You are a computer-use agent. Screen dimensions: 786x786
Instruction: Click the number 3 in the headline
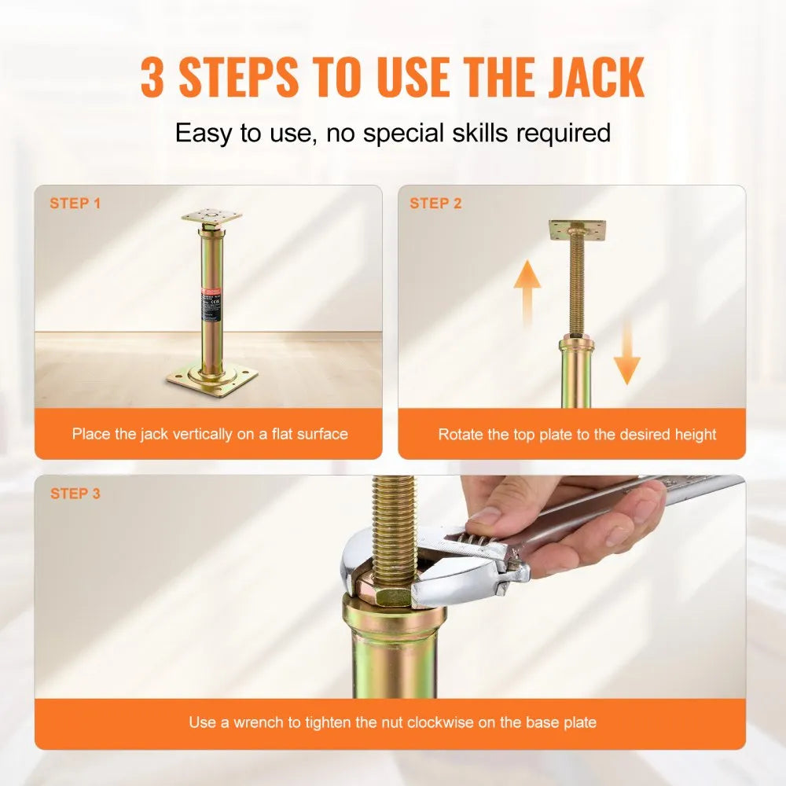(x=155, y=77)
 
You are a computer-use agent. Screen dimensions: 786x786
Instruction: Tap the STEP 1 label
(x=75, y=204)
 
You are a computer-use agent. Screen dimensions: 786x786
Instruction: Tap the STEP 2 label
(x=435, y=204)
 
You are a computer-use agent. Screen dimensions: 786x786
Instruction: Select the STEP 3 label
(x=75, y=494)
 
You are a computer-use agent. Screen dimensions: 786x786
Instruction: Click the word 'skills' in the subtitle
(x=472, y=132)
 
